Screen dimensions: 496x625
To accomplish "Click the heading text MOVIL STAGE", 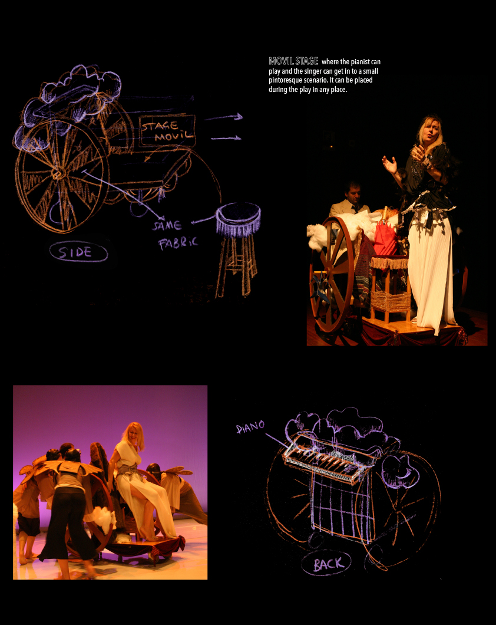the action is coord(293,61).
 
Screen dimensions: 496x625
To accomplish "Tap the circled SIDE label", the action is coord(78,252).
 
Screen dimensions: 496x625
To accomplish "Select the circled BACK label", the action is coord(326,563).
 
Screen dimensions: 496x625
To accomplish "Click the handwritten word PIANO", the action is coord(250,427).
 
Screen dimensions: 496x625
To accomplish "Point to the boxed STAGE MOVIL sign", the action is coord(167,131).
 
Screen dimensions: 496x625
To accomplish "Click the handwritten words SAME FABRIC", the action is coord(174,234).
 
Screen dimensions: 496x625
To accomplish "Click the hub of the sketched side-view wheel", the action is coord(58,173).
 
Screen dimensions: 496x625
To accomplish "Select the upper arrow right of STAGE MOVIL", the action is coord(223,117).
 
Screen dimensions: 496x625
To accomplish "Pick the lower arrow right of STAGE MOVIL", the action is coord(226,138).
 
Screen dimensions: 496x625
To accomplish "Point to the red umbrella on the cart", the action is coord(385,236).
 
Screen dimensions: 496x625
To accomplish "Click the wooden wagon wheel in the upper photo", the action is coord(332,275).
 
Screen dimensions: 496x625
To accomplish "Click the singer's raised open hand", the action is coord(390,165).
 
